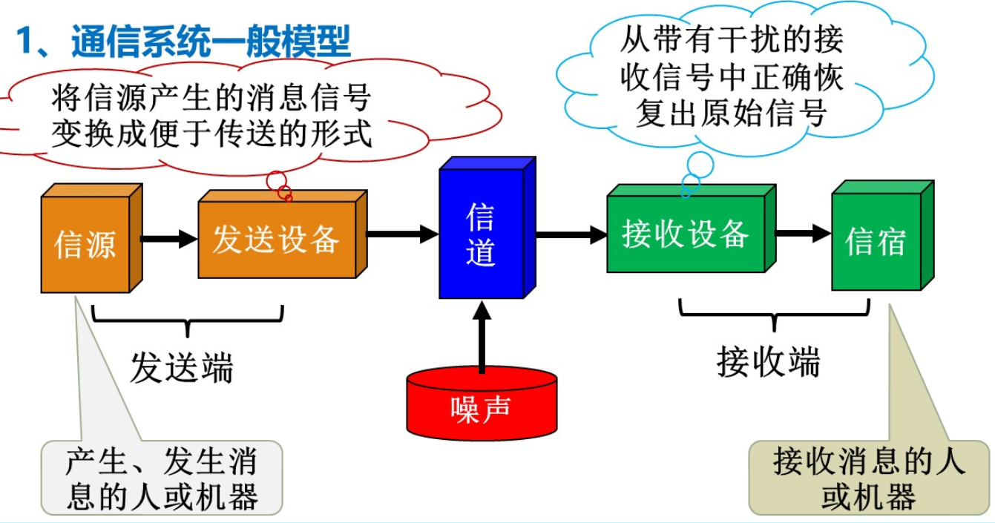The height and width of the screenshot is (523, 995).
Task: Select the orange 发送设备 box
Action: tap(276, 240)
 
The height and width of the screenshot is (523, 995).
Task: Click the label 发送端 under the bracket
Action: tap(182, 366)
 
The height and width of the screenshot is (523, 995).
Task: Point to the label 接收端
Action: tap(769, 363)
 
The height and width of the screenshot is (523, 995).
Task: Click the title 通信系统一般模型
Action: tap(211, 42)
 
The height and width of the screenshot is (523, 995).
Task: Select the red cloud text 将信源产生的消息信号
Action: tap(211, 98)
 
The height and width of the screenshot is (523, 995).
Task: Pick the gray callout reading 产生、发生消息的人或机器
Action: tap(162, 478)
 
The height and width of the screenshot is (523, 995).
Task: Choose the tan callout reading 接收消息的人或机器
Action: tap(869, 478)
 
